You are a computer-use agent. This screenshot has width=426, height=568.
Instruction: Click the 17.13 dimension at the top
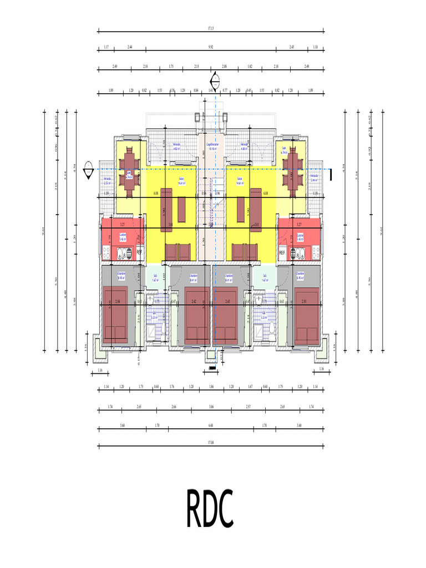point(211,27)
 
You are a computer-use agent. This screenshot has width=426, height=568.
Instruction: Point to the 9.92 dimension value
point(211,47)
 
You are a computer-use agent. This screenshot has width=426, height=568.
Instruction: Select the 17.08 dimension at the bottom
point(211,442)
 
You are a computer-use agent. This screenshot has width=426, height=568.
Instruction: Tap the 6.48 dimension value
point(211,425)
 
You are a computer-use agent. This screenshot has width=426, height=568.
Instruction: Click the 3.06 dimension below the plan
point(211,407)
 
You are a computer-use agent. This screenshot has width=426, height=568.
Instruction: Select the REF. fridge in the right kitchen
point(282,252)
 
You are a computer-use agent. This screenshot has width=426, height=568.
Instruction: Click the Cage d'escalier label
point(212,146)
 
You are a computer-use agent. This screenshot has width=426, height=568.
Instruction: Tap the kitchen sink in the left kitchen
point(120,255)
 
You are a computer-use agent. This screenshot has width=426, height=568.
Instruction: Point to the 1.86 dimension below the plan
point(211,387)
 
